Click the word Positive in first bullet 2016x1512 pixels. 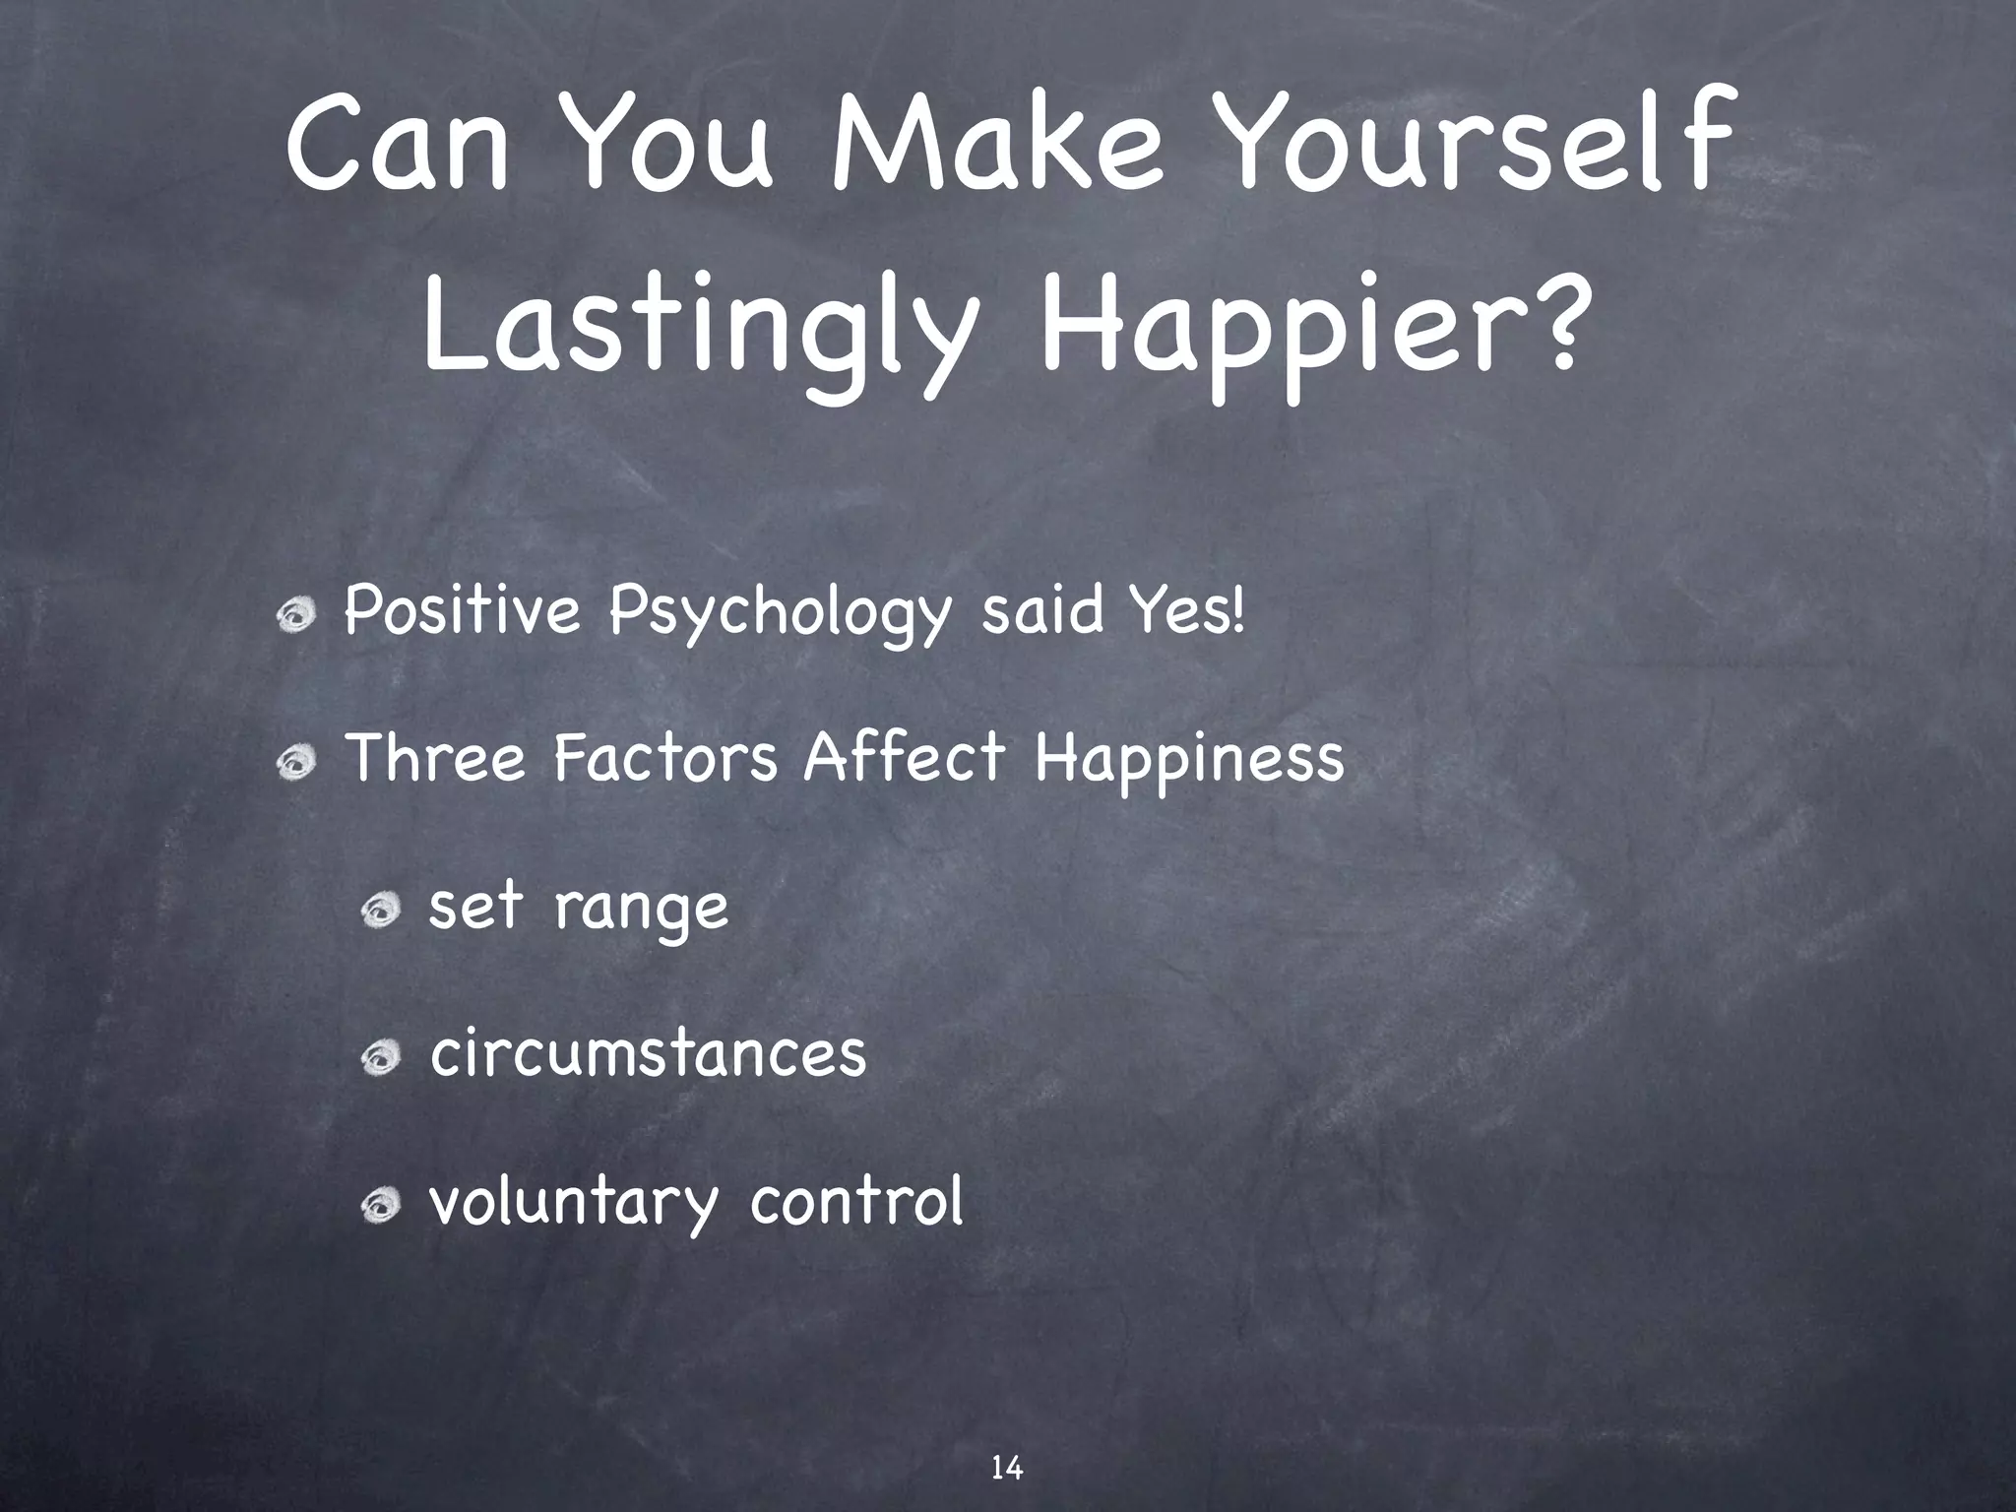pos(463,612)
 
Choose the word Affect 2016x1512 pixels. pos(905,759)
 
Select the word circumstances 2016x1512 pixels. pos(648,1054)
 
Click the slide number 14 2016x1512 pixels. pos(1006,1441)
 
